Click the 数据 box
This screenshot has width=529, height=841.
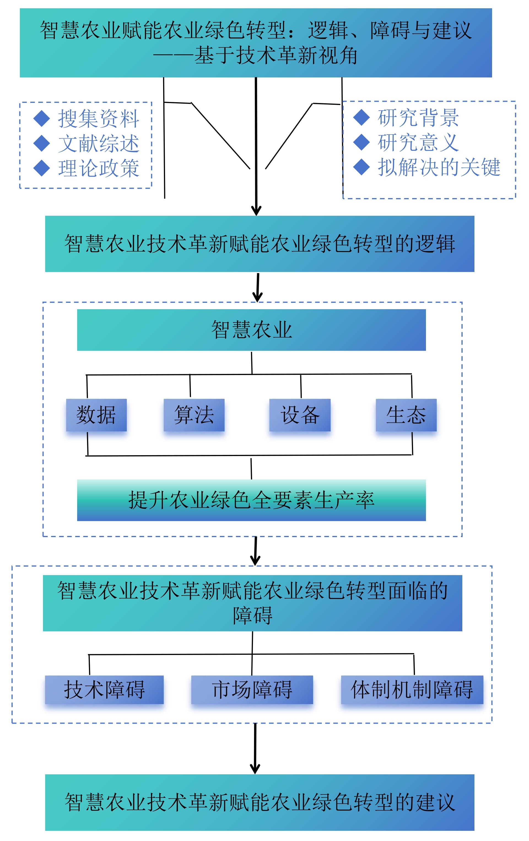pyautogui.click(x=96, y=415)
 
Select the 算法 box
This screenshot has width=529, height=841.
pyautogui.click(x=194, y=415)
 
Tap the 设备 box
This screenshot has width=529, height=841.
pyautogui.click(x=300, y=415)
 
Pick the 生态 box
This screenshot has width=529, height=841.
pyautogui.click(x=406, y=415)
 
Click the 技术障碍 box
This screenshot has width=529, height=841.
pyautogui.click(x=104, y=689)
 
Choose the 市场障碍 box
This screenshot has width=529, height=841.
pyautogui.click(x=252, y=689)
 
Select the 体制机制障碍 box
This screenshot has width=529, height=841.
pyautogui.click(x=412, y=689)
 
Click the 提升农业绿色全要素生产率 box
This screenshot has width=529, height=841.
pyautogui.click(x=251, y=500)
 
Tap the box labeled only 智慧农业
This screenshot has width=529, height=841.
pyautogui.click(x=251, y=330)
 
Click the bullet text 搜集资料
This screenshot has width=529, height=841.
pyautogui.click(x=99, y=119)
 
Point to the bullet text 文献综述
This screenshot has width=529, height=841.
pyautogui.click(x=99, y=144)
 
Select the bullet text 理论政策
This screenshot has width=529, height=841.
pyautogui.click(x=99, y=168)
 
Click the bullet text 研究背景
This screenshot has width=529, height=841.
pyautogui.click(x=418, y=118)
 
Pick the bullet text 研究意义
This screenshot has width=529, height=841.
pyautogui.click(x=418, y=142)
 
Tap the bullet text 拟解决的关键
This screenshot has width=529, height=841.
pyautogui.click(x=439, y=167)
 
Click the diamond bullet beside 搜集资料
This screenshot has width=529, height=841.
pyautogui.click(x=42, y=119)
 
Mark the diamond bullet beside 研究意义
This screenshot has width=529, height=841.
pyautogui.click(x=361, y=142)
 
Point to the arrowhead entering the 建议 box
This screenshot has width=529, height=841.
pyautogui.click(x=255, y=769)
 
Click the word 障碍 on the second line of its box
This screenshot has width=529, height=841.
pyautogui.click(x=252, y=615)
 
